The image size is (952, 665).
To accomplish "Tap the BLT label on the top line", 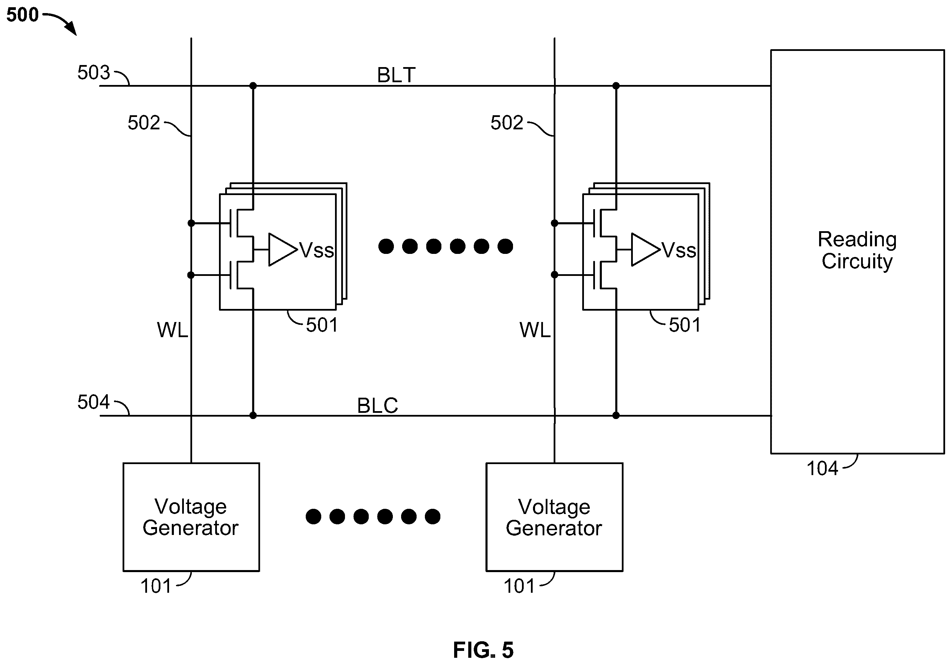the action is tap(396, 75).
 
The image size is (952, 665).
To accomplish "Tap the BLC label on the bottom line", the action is tap(377, 405).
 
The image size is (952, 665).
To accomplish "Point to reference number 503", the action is tap(94, 73).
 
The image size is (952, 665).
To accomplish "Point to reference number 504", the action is tap(94, 402).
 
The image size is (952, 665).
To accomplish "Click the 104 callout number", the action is tap(822, 469).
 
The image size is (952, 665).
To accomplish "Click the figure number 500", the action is tap(22, 15).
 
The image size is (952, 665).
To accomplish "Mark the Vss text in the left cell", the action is tap(317, 250).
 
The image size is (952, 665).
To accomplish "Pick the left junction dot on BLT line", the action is tap(253, 86).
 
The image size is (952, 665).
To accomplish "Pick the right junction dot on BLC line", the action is tap(616, 415).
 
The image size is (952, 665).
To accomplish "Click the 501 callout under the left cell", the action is tap(322, 325).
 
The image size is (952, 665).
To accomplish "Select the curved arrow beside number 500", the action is tap(61, 23).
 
